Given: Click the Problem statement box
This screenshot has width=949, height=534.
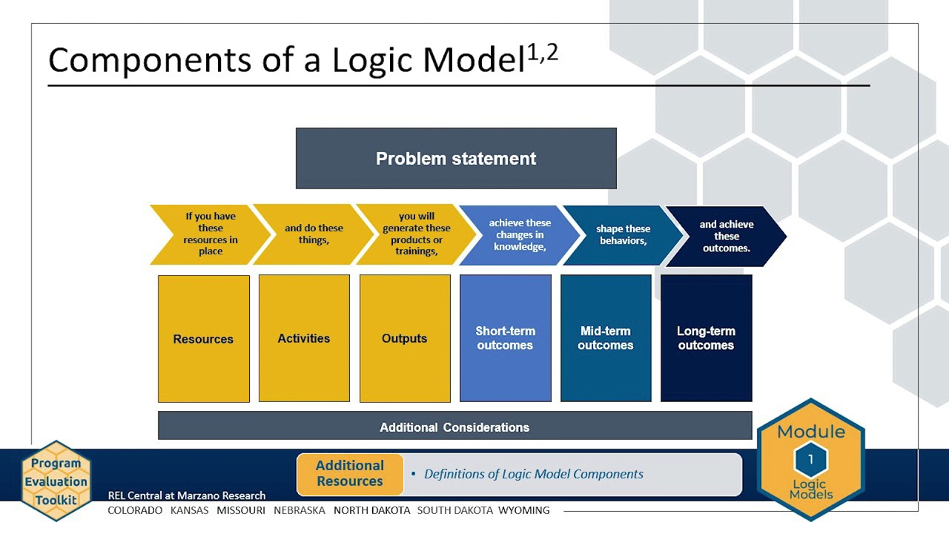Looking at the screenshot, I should [x=456, y=158].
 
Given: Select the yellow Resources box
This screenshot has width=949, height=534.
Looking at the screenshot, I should [x=203, y=338].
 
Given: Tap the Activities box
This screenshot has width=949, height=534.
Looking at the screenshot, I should [x=304, y=338].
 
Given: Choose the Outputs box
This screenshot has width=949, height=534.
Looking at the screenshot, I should [x=405, y=338].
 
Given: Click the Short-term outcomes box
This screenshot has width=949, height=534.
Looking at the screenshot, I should [x=506, y=338].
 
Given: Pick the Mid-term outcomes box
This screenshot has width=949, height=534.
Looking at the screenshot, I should [x=606, y=338].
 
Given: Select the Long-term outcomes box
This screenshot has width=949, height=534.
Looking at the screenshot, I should [x=706, y=338].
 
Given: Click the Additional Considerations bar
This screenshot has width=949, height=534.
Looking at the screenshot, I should [x=454, y=427].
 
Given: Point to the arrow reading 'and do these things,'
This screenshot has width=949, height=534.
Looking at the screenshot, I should [x=314, y=234].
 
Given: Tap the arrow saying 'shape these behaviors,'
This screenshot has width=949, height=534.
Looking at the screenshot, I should [x=623, y=235].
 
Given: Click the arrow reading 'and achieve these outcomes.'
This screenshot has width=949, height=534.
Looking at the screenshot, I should [x=727, y=236].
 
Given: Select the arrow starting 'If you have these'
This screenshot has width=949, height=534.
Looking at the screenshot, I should [x=211, y=234].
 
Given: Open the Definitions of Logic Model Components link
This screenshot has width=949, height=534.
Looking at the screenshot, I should [x=534, y=474].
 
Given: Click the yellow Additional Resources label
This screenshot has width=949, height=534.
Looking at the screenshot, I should [x=350, y=473].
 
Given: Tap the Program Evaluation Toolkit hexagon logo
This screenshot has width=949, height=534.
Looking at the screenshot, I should [x=56, y=481].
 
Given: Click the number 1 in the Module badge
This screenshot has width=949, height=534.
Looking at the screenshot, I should [x=810, y=460].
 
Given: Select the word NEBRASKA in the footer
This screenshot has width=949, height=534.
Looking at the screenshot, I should [x=300, y=510].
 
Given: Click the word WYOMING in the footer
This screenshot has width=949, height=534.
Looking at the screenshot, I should [x=523, y=510].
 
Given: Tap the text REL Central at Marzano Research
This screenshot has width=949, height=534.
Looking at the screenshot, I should [x=187, y=495].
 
